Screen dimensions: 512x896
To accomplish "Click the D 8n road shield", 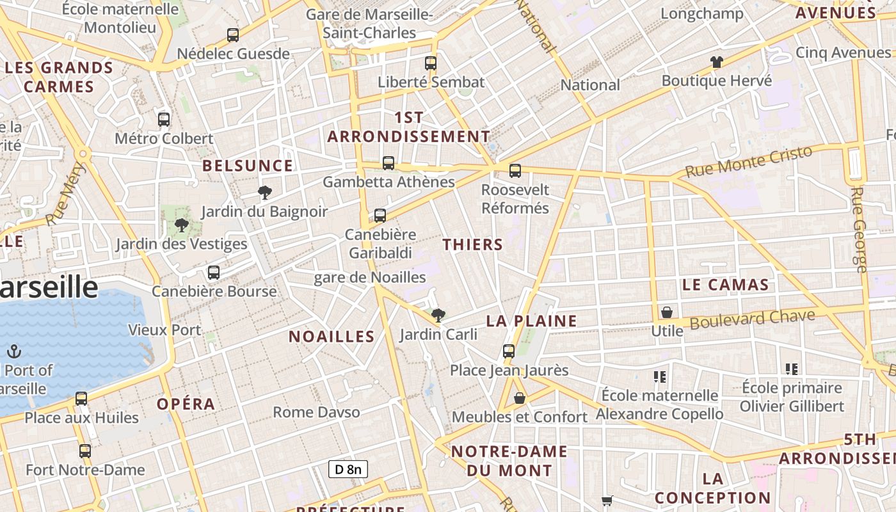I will click(348, 469).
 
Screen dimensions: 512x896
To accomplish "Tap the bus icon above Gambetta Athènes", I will click(388, 163).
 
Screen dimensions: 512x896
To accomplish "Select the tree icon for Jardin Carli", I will click(438, 315).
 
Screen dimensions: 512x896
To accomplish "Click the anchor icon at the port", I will click(14, 351).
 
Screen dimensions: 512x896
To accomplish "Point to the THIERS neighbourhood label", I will click(473, 244).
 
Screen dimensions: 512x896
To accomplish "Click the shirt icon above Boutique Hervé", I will click(717, 62).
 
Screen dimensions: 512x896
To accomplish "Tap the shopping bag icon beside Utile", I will click(667, 312).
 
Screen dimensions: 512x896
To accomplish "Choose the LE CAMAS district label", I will click(725, 285).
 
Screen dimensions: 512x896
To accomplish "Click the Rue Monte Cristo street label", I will click(749, 162).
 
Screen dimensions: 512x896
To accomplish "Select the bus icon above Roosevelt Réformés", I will click(515, 171).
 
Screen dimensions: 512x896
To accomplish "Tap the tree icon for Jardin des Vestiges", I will click(182, 225).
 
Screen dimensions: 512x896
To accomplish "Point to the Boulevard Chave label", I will click(752, 319).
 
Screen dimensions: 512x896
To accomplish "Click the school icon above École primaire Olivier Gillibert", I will click(792, 369).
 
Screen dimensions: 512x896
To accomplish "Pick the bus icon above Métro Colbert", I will click(164, 119).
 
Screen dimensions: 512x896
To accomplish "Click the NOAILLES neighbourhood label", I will click(332, 337).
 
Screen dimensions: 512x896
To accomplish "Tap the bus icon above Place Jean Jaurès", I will click(509, 351).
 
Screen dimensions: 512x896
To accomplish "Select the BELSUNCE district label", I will click(248, 166).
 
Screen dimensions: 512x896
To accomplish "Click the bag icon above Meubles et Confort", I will click(520, 399).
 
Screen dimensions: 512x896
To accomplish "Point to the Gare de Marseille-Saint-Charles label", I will click(369, 24).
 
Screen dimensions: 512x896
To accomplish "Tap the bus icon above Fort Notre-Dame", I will click(85, 451).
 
